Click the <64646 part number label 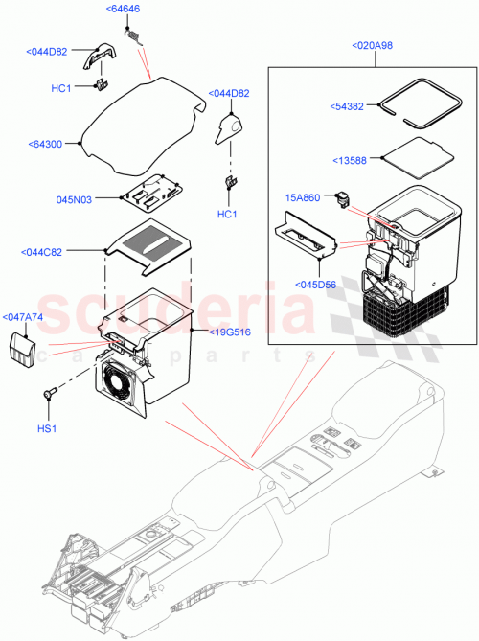tap(124, 10)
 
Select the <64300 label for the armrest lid tap(47, 145)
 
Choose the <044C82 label tap(43, 252)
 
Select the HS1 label tap(47, 427)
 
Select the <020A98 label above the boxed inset tap(375, 45)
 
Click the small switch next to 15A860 tap(343, 200)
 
